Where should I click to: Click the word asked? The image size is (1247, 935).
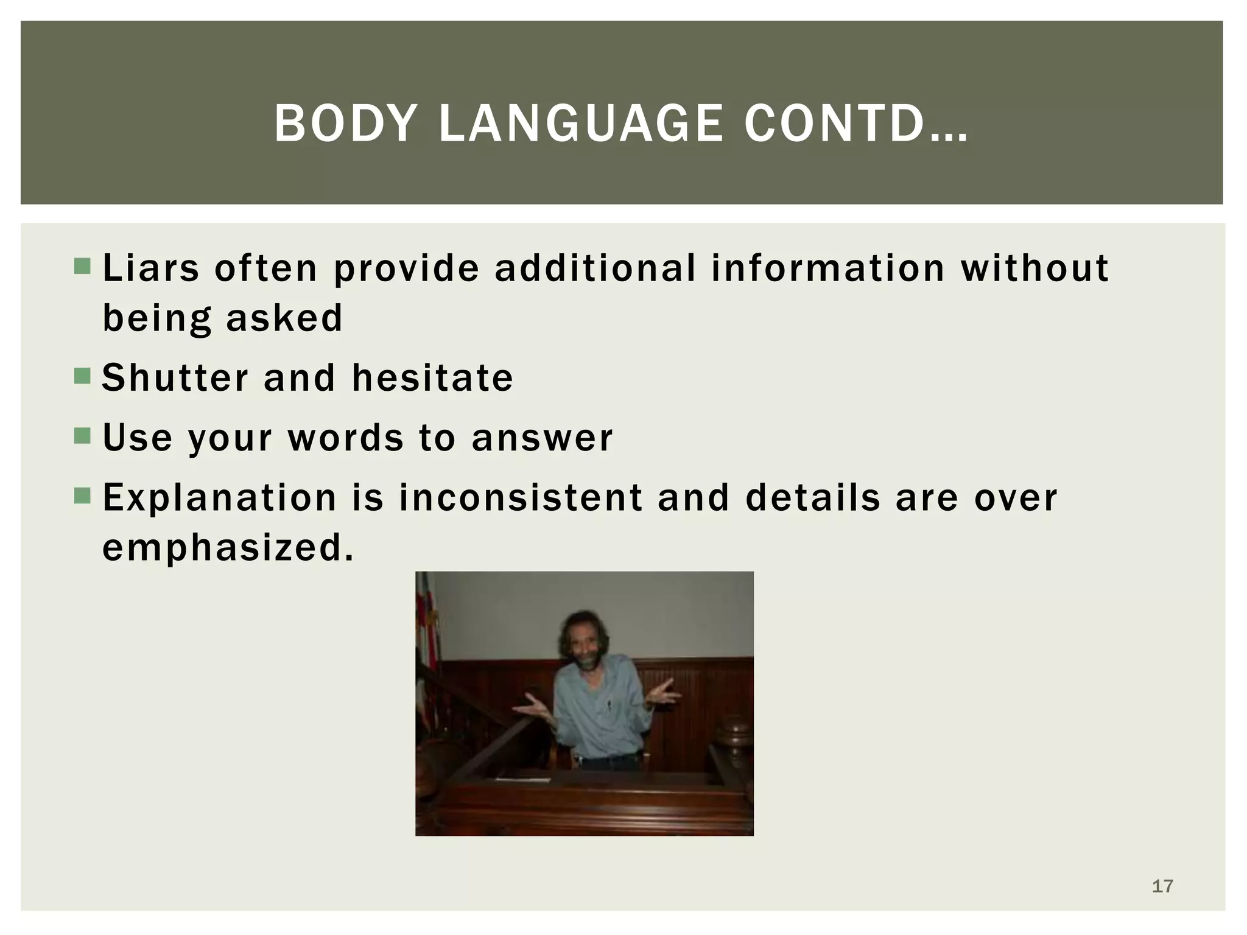pos(284,318)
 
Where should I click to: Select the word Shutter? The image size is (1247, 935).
pos(175,377)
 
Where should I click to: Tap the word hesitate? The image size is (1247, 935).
pos(432,377)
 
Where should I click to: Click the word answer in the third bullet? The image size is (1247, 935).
pos(542,438)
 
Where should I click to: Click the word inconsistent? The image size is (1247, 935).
pos(521,497)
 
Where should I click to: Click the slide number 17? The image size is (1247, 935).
pos(1162,886)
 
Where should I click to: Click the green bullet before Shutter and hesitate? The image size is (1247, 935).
pos(82,377)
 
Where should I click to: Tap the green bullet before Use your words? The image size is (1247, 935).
pos(82,436)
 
